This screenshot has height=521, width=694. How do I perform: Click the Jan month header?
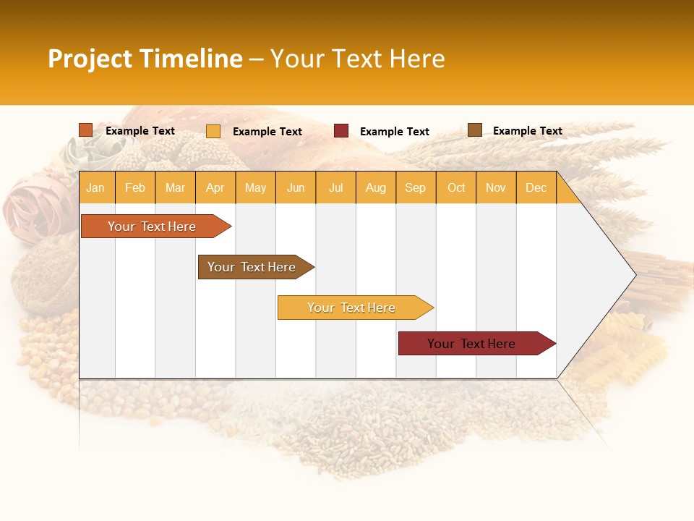(x=95, y=187)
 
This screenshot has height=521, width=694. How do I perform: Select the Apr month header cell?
(x=215, y=187)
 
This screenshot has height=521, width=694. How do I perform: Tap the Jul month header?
(x=335, y=187)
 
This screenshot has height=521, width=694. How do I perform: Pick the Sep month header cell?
(x=416, y=187)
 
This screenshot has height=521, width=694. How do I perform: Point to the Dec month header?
(x=536, y=187)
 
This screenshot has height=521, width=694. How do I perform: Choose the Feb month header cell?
(x=135, y=187)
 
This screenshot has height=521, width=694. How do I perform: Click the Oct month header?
(x=456, y=187)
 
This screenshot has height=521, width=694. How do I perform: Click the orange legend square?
(x=86, y=130)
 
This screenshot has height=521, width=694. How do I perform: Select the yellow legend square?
(x=213, y=131)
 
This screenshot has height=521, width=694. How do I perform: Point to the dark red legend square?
(x=341, y=131)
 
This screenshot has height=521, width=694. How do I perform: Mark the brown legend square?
(x=475, y=130)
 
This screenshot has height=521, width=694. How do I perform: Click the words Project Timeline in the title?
(x=145, y=59)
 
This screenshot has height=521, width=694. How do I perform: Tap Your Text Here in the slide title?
(x=357, y=59)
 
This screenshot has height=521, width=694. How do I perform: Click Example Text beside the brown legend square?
(x=527, y=131)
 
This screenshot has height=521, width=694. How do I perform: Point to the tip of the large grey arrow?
(x=634, y=275)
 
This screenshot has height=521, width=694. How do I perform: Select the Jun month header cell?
(x=296, y=187)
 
